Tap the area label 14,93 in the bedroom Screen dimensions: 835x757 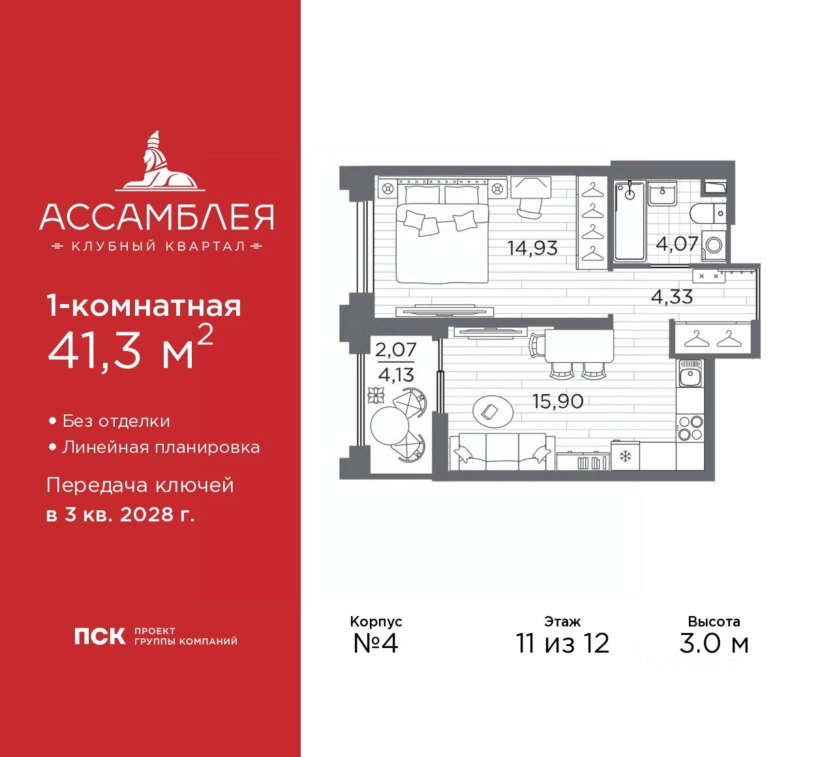532,248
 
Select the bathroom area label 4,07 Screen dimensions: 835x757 677,243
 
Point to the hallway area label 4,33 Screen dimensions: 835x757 672,296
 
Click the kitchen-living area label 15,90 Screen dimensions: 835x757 558,401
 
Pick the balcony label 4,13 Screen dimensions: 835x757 396,375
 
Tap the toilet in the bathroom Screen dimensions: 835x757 708,213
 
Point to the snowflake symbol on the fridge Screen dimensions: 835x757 624,456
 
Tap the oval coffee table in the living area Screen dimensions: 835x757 493,412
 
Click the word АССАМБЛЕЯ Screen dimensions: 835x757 157,217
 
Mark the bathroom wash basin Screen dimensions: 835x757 662,193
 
